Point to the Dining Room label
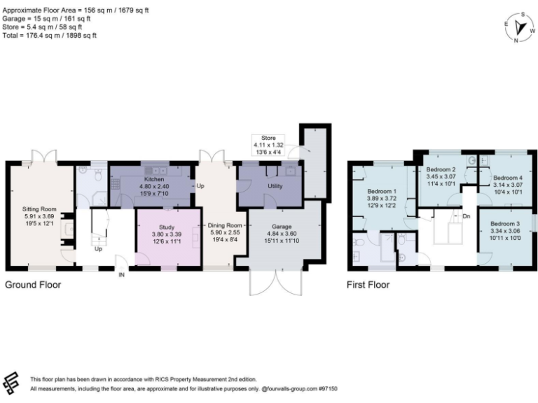tap(224, 225)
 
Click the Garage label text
tap(279, 227)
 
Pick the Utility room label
tap(275, 187)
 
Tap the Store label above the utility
tap(269, 139)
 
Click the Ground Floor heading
tap(33, 285)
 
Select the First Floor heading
tap(368, 285)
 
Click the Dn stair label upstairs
tap(467, 216)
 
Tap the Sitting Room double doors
tap(40, 155)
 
